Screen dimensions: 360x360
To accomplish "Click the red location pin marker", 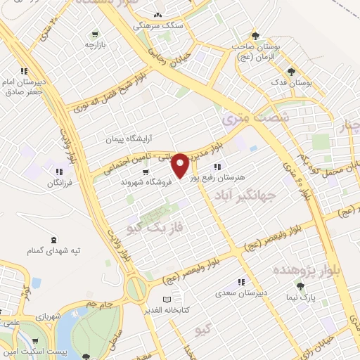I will [x=180, y=165].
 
